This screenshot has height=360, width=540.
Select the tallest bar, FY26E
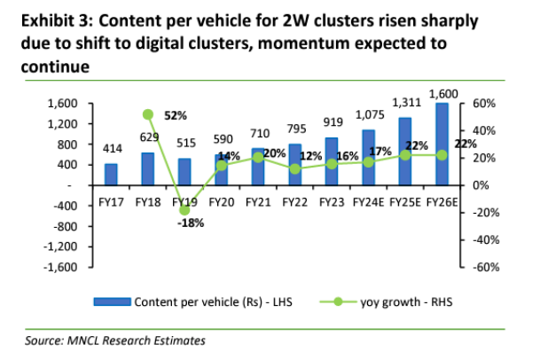coord(442,145)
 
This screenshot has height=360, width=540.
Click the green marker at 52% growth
coord(148,114)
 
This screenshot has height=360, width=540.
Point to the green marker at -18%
coord(184,210)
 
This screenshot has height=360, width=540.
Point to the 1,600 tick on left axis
coord(64,104)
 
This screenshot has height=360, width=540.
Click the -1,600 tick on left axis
coord(62,267)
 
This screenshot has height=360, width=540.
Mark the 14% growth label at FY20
coord(230,156)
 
